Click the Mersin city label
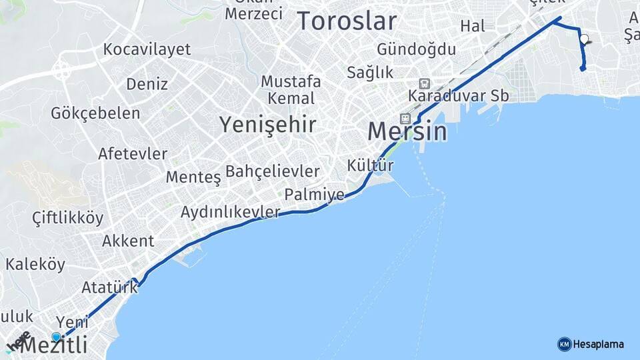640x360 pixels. (407, 131)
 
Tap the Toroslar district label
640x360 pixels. (347, 21)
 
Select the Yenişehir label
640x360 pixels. (268, 124)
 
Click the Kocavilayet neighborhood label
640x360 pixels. (147, 49)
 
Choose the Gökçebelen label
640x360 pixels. (95, 113)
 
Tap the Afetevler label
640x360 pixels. (133, 153)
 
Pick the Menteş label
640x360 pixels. (193, 177)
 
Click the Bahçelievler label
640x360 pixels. (273, 171)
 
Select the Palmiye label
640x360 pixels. (314, 195)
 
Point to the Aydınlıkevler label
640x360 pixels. (231, 212)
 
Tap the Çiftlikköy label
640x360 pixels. (68, 218)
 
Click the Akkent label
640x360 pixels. (128, 241)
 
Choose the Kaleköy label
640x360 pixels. (35, 264)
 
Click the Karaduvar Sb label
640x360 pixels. (459, 95)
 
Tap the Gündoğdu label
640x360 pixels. (416, 49)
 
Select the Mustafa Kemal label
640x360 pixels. (291, 90)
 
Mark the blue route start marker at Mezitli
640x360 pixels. (57, 337)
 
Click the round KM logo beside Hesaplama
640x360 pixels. (564, 344)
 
